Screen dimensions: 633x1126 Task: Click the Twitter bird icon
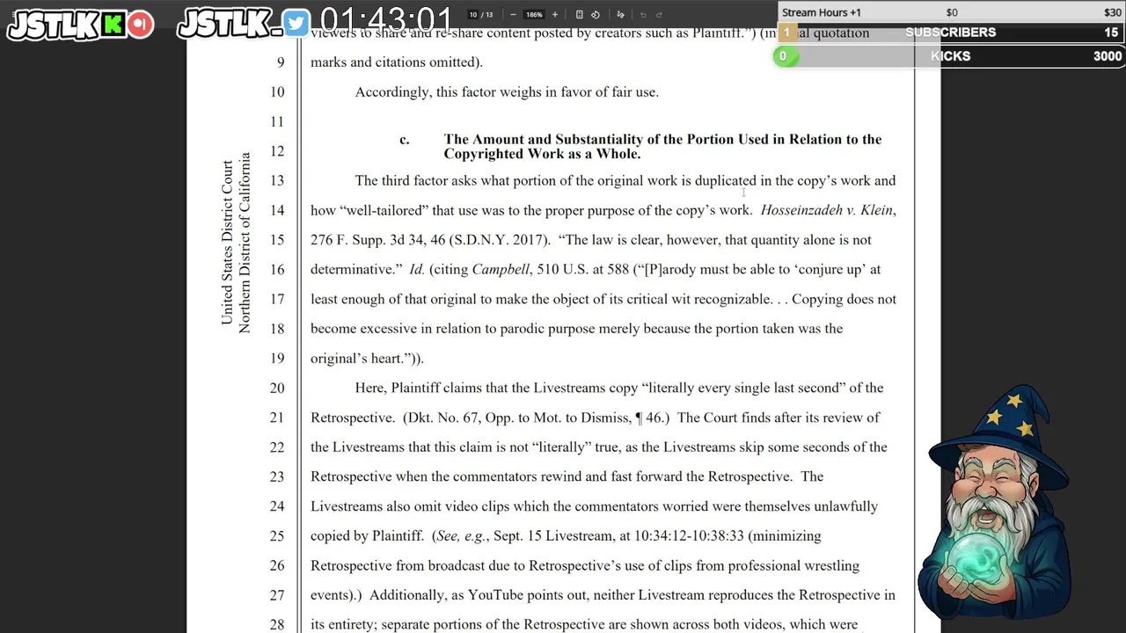click(x=296, y=24)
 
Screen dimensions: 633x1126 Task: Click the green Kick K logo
click(x=113, y=25)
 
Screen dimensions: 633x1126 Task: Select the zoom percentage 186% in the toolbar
click(x=534, y=15)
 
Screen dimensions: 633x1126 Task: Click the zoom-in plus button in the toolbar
click(x=554, y=15)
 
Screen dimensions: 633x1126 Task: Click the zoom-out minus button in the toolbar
click(x=513, y=15)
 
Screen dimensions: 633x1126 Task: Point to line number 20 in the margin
click(x=277, y=388)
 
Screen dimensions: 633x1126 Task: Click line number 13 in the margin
click(x=277, y=180)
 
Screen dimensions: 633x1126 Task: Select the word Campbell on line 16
click(x=501, y=269)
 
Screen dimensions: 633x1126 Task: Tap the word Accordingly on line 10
click(x=392, y=91)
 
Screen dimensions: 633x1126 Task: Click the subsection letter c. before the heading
click(x=404, y=140)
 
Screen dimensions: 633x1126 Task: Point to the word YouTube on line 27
click(x=497, y=595)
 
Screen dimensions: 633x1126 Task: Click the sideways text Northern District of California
click(x=245, y=243)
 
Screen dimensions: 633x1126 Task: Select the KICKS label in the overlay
click(x=950, y=56)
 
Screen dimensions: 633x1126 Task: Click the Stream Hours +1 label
click(x=822, y=12)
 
